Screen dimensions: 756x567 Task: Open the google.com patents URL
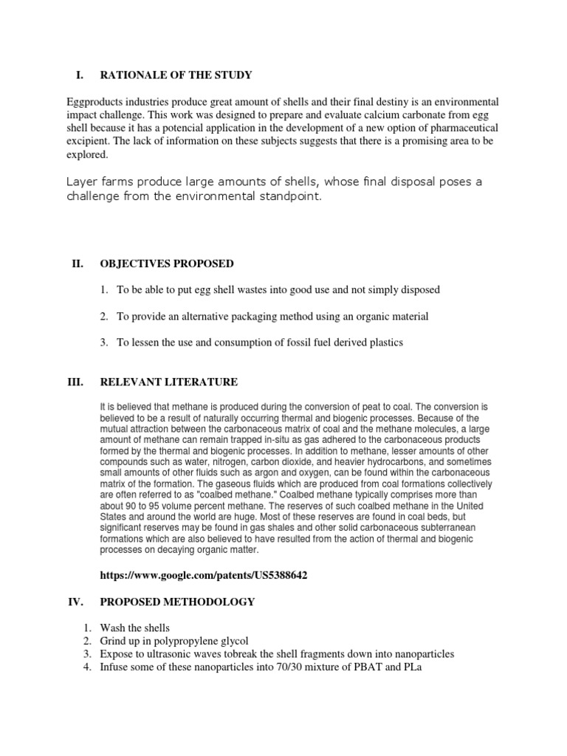(202, 576)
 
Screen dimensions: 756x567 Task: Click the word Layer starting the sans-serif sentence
(83, 182)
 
